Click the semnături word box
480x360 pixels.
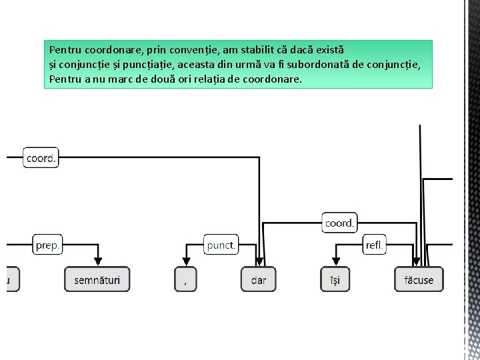coord(97,279)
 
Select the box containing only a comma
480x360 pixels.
coord(185,279)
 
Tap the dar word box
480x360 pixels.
coord(258,279)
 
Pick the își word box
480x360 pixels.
coord(335,279)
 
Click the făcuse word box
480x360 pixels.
coord(419,279)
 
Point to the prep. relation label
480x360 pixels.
coord(47,245)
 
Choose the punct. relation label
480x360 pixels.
coord(221,245)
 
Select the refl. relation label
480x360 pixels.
coord(375,245)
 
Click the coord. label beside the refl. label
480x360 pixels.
coord(339,223)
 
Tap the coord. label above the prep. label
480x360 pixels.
coord(41,158)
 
